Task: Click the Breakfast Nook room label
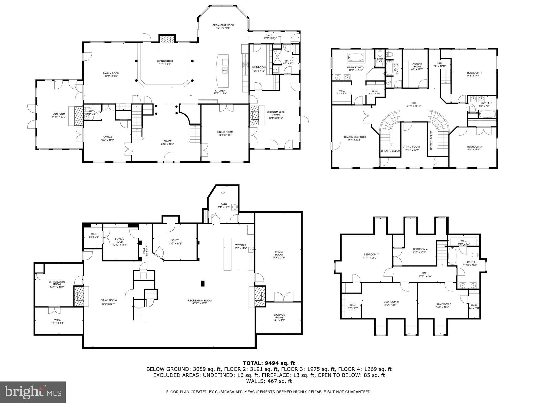pyautogui.click(x=223, y=25)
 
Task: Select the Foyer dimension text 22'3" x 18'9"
pyautogui.click(x=167, y=144)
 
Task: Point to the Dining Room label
pyautogui.click(x=225, y=132)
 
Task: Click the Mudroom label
pyautogui.click(x=259, y=67)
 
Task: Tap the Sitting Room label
pyautogui.click(x=412, y=147)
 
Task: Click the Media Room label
pyautogui.click(x=279, y=253)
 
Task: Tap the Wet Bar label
pyautogui.click(x=240, y=245)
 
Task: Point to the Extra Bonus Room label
pyautogui.click(x=57, y=283)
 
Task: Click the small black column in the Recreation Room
pyautogui.click(x=203, y=283)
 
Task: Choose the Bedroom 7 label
pyautogui.click(x=371, y=254)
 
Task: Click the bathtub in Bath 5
pyautogui.click(x=452, y=256)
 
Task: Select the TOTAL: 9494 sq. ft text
pyautogui.click(x=269, y=363)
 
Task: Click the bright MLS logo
pyautogui.click(x=33, y=392)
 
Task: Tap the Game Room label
pyautogui.click(x=108, y=300)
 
